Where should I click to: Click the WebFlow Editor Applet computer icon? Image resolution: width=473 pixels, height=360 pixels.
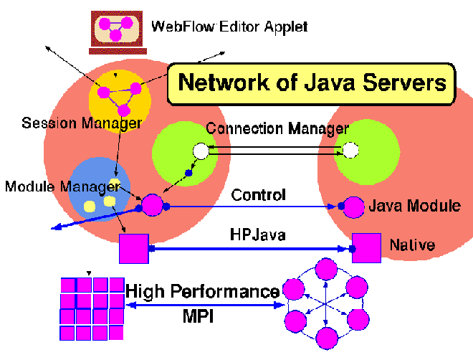[118, 32]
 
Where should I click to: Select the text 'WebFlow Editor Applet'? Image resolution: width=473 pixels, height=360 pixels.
[229, 27]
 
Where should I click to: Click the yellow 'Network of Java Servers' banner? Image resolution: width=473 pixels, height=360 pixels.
[311, 84]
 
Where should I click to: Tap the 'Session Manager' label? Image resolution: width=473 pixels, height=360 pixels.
[82, 123]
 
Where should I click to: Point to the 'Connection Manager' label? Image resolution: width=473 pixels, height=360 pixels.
[277, 128]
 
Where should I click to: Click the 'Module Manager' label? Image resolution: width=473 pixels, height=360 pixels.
[63, 186]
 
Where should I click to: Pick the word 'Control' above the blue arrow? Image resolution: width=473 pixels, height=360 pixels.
[258, 194]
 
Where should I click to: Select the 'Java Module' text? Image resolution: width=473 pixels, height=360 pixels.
[415, 206]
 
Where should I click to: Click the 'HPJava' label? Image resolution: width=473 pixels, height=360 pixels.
[257, 235]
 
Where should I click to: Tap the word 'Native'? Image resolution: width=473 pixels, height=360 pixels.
[412, 245]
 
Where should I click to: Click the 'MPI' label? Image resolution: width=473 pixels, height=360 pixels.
[198, 316]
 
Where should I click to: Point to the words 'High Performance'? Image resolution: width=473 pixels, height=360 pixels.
[202, 291]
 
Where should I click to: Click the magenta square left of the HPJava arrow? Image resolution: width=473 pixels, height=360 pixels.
[134, 249]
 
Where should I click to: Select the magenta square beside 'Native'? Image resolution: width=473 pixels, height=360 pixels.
[366, 248]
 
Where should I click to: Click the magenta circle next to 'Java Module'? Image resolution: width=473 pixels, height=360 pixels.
[353, 207]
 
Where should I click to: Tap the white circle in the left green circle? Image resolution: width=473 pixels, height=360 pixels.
[201, 151]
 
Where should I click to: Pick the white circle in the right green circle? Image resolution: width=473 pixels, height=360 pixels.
[350, 151]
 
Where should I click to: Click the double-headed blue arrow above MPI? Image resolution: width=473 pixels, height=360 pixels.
[205, 305]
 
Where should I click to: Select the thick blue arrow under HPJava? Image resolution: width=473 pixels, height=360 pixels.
[250, 249]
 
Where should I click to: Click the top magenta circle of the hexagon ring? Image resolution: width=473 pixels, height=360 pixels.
[326, 269]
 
